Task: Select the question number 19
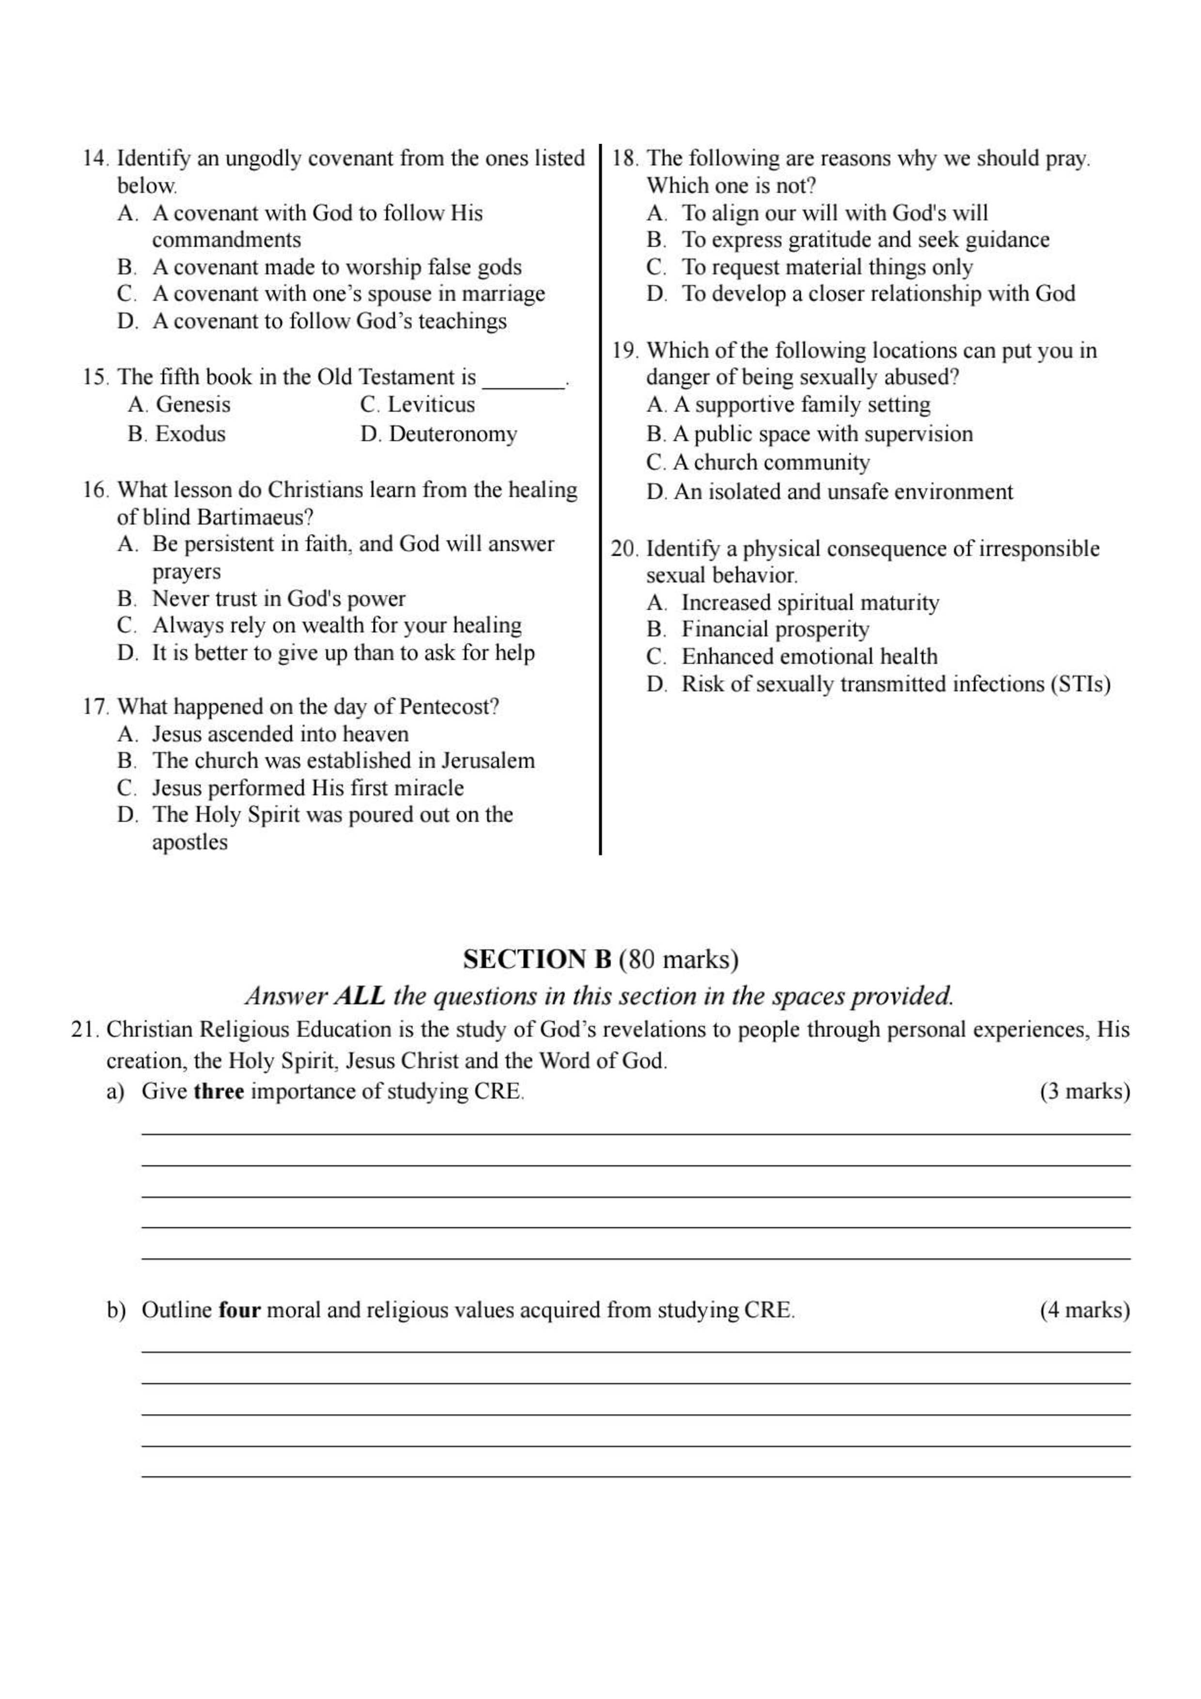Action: (x=624, y=350)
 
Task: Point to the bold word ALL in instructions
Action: (x=359, y=996)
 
